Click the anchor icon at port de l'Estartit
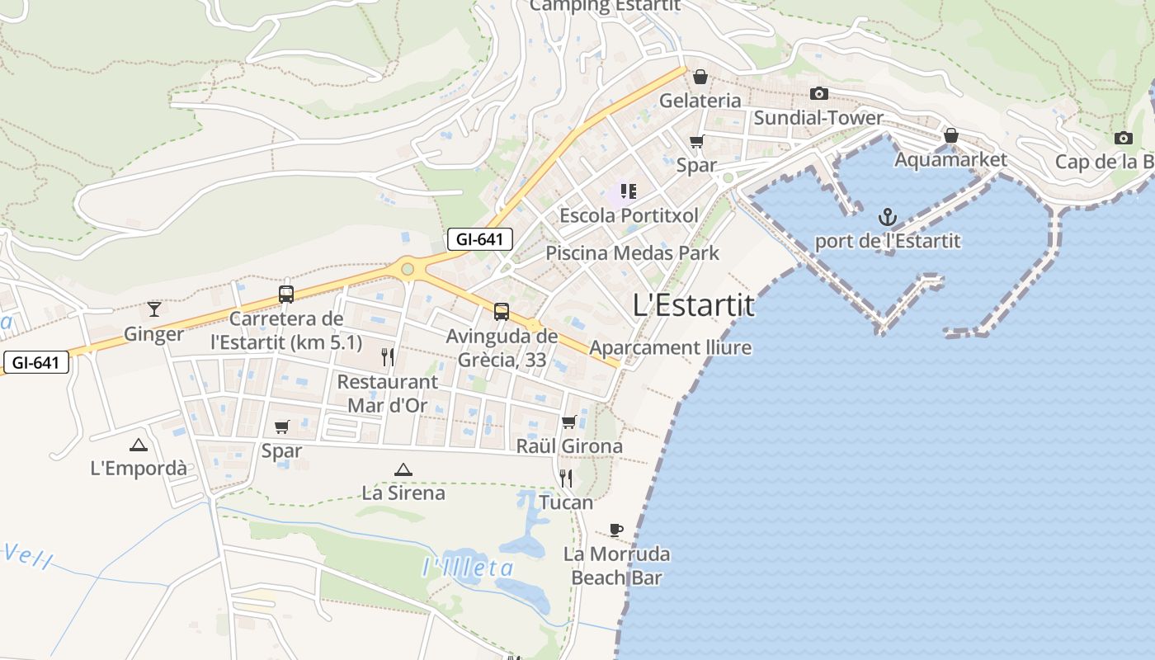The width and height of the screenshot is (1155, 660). click(x=888, y=218)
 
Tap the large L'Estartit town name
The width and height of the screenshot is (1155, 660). click(x=693, y=305)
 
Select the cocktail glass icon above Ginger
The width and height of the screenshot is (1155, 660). click(x=154, y=309)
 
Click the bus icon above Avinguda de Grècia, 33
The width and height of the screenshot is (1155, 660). click(x=501, y=312)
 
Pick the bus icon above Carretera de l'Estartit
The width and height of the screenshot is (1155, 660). click(x=286, y=294)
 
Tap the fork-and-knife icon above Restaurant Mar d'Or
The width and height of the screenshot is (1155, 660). click(x=388, y=357)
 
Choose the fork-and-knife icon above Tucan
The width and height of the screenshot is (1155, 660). click(x=566, y=478)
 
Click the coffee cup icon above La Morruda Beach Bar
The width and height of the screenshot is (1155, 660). click(x=615, y=530)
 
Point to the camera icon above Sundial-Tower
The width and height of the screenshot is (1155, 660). click(x=818, y=94)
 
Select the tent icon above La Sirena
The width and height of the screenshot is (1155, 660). click(x=403, y=469)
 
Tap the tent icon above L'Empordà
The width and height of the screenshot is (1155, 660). click(x=138, y=445)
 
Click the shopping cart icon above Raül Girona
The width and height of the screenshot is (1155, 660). click(x=568, y=422)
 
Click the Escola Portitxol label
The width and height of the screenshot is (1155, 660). click(x=629, y=215)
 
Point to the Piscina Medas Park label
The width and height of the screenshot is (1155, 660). click(x=633, y=253)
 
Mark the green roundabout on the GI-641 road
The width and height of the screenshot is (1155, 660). click(x=407, y=269)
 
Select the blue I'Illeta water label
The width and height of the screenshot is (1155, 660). click(x=468, y=568)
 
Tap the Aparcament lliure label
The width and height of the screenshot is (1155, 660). click(x=670, y=347)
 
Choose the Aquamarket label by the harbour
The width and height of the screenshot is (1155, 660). click(x=950, y=159)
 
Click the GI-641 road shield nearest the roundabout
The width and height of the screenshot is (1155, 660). click(x=480, y=240)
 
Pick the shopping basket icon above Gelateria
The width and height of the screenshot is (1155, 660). click(x=700, y=78)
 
